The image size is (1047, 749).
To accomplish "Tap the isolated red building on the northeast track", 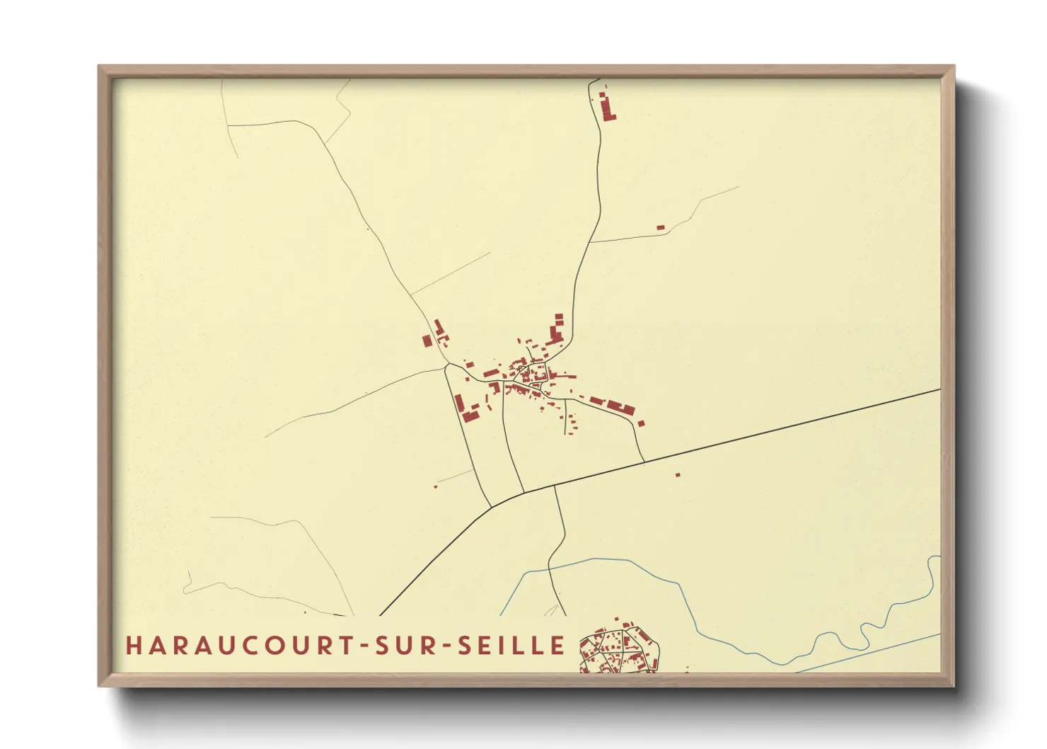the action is point(660,227).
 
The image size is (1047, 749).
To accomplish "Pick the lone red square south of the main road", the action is point(677,474).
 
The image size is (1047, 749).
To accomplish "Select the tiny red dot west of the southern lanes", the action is point(436,486).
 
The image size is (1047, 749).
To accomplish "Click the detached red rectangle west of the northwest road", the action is point(427,341).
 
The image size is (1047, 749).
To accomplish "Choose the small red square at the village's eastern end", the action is point(641,423).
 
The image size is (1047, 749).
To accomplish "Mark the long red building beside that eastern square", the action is point(620,408).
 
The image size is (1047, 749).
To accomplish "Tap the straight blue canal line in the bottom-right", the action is point(870,652).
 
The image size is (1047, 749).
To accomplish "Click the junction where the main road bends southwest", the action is point(492,507).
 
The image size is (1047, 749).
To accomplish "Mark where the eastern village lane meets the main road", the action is point(644,462).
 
